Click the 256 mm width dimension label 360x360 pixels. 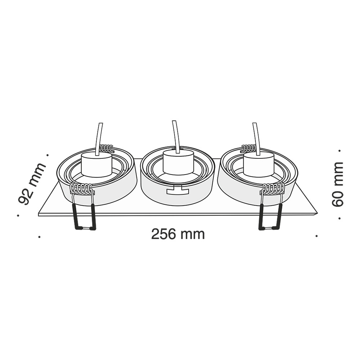coord(178,234)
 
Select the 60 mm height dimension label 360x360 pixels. coord(337,184)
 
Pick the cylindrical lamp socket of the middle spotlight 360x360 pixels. coord(179,163)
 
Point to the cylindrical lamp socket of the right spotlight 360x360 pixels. coord(259,165)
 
